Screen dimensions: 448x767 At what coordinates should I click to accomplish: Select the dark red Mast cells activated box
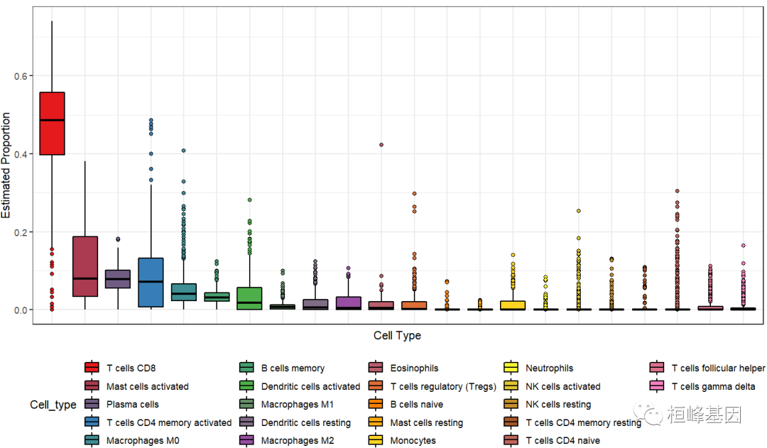pos(85,266)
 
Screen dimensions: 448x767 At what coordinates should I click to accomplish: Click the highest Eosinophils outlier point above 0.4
pos(381,145)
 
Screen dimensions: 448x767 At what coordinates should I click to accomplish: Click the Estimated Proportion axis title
pos(6,165)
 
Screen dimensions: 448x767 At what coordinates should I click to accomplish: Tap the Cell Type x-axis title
pos(397,335)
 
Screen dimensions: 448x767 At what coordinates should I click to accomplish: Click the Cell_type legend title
pos(53,405)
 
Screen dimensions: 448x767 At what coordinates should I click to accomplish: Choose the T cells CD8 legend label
pos(131,368)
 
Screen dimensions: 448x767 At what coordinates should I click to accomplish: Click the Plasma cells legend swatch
pos(92,405)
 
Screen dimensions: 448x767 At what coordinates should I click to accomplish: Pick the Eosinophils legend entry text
pos(414,368)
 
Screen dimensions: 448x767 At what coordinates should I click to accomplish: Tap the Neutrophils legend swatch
pos(511,368)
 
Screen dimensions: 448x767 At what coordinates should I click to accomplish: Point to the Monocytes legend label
pos(413,441)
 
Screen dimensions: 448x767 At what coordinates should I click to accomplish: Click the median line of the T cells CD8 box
pos(52,120)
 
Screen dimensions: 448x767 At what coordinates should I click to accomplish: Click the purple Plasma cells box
pos(118,279)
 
